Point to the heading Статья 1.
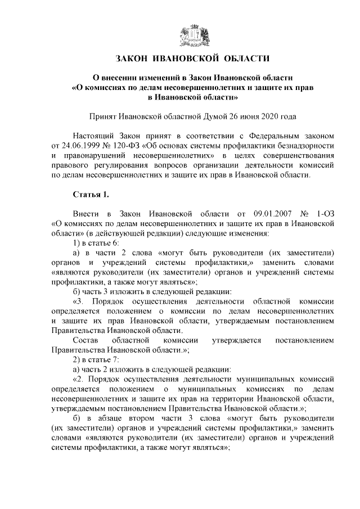point(91,195)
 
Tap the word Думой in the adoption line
point(214,116)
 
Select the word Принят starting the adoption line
point(103,116)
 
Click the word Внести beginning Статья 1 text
point(85,214)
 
